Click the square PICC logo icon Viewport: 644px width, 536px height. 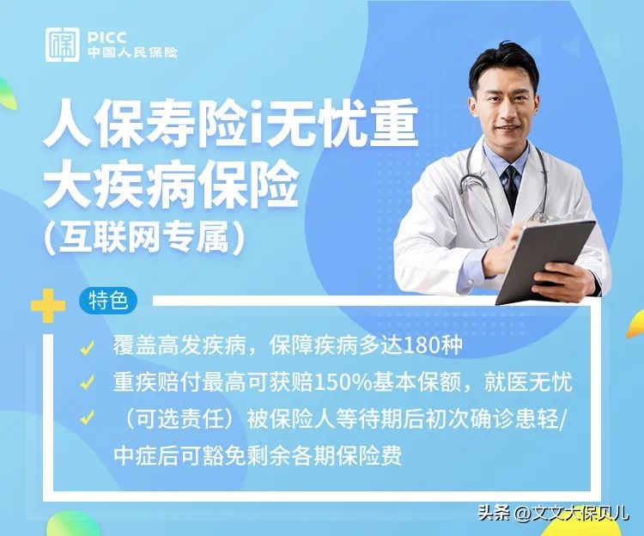click(x=63, y=44)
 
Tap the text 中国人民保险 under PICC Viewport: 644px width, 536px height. click(x=132, y=52)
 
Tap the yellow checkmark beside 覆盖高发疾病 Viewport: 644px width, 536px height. click(x=87, y=348)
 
